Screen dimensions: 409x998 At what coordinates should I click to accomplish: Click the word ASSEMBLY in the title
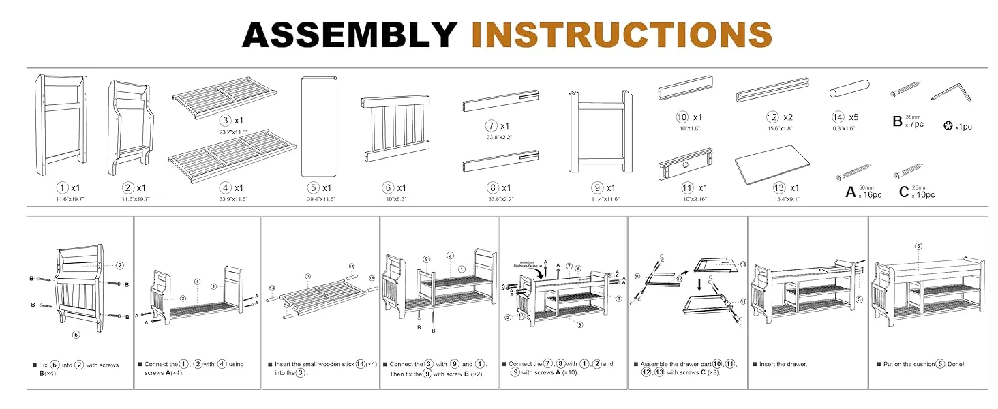(x=349, y=34)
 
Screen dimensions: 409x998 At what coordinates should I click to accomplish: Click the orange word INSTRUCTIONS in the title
(x=621, y=34)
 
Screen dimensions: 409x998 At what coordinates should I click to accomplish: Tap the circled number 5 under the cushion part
(x=314, y=187)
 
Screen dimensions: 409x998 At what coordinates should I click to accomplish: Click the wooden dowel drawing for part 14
(x=849, y=89)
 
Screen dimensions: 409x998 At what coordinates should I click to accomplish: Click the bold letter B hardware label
(x=897, y=122)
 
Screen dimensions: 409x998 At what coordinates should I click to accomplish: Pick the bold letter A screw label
(x=850, y=192)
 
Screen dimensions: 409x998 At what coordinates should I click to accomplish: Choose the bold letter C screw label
(x=903, y=192)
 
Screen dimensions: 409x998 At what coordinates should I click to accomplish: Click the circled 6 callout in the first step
(x=76, y=334)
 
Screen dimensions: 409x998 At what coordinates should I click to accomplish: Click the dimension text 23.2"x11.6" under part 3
(x=232, y=132)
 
